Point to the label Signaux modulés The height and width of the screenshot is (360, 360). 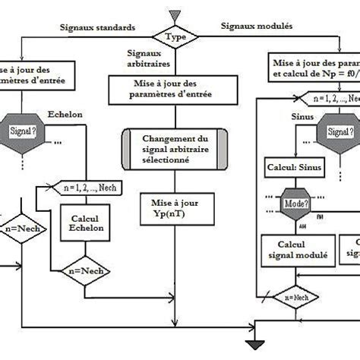click(x=257, y=26)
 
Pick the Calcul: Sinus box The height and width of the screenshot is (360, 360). click(x=293, y=166)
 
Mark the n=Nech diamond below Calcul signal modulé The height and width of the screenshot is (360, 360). click(x=294, y=297)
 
